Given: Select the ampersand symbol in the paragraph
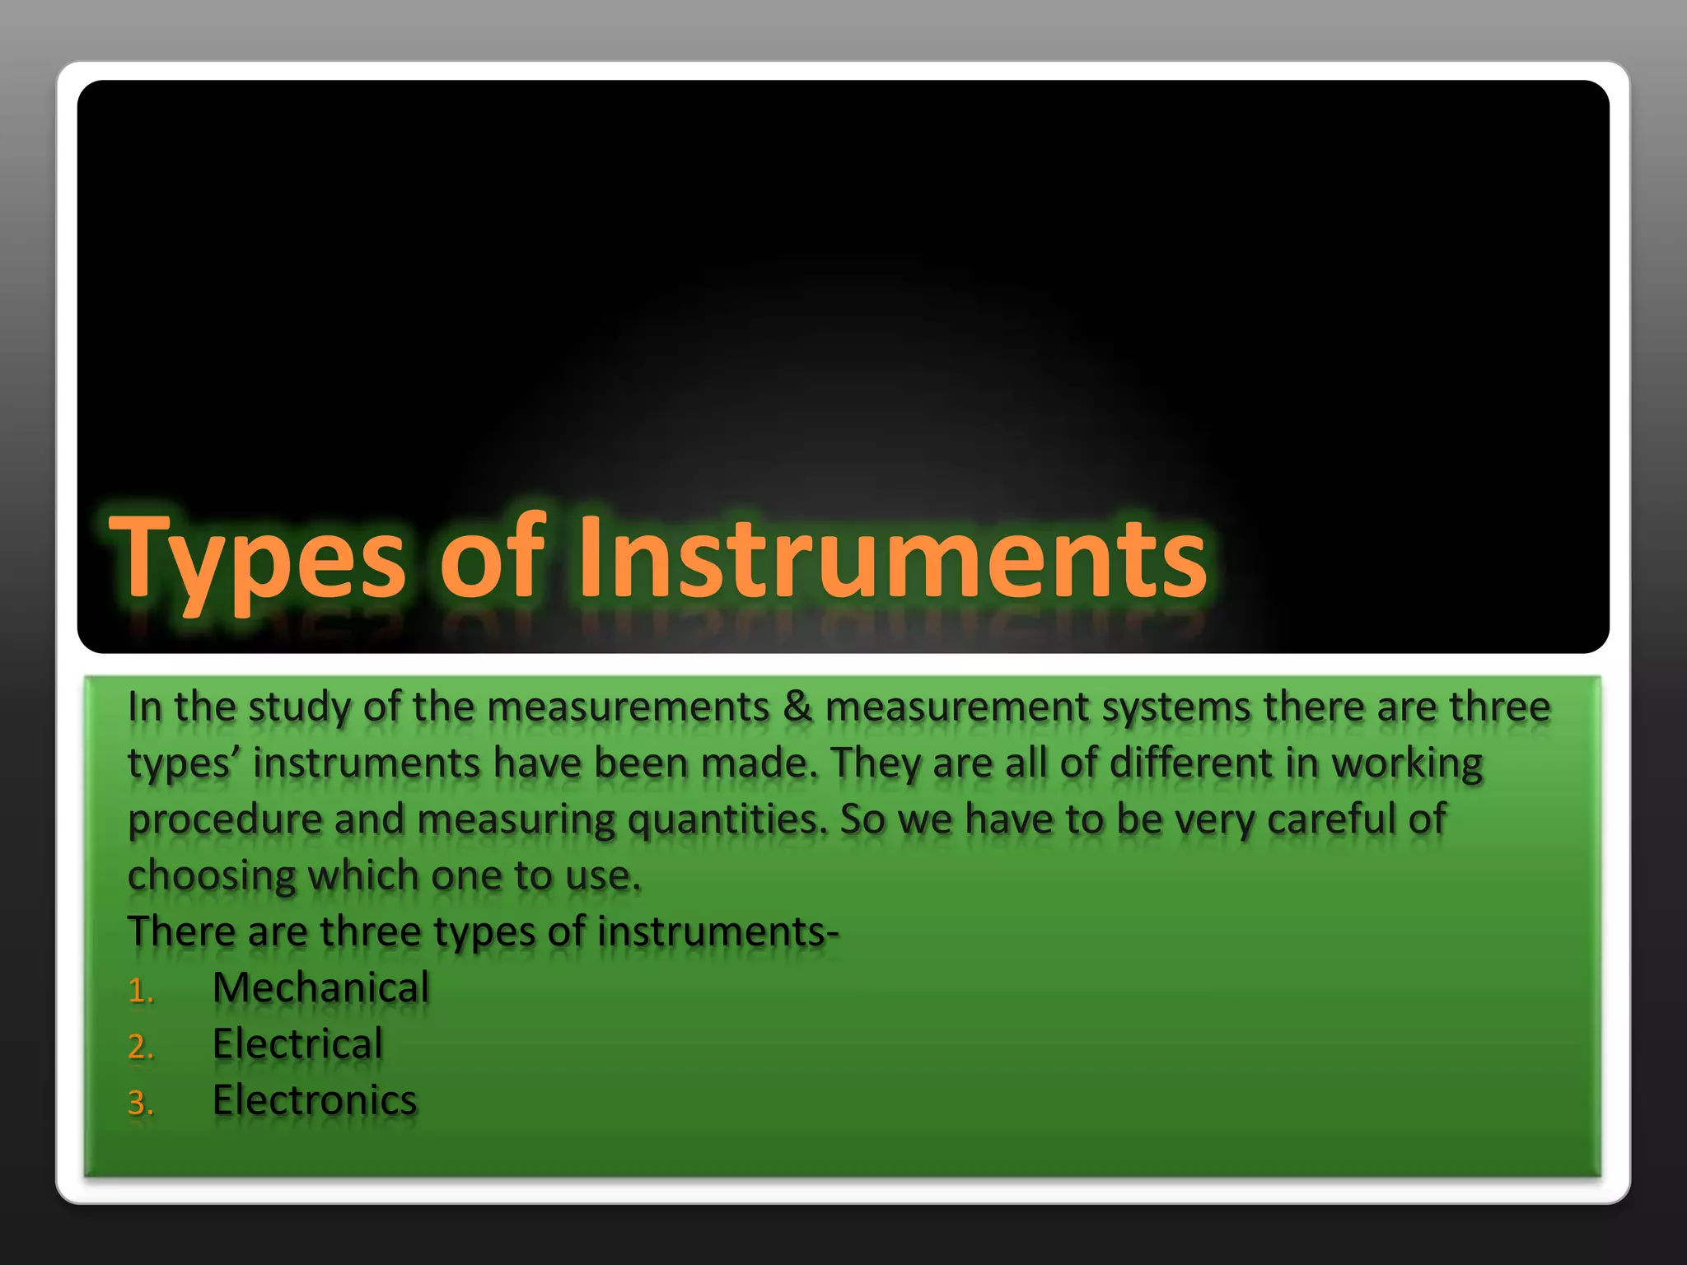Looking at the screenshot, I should pyautogui.click(x=797, y=707).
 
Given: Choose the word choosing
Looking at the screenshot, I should pyautogui.click(x=211, y=876).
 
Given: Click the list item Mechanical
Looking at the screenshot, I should pyautogui.click(x=320, y=987).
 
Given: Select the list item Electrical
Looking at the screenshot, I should pyautogui.click(x=297, y=1043).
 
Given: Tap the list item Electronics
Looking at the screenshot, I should pyautogui.click(x=315, y=1100).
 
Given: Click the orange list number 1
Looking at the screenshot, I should pyautogui.click(x=140, y=991).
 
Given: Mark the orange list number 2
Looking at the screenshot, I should pyautogui.click(x=140, y=1047).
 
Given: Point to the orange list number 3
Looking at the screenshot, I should pyautogui.click(x=140, y=1103).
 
